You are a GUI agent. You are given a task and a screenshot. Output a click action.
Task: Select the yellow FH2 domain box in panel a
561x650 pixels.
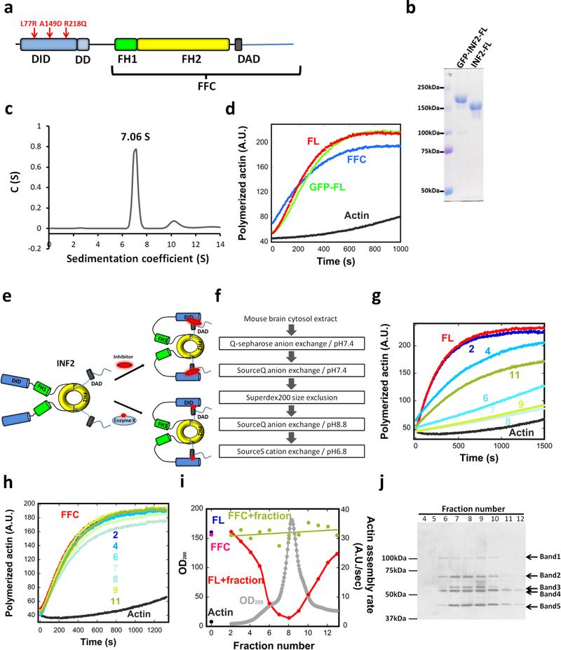point(183,44)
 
